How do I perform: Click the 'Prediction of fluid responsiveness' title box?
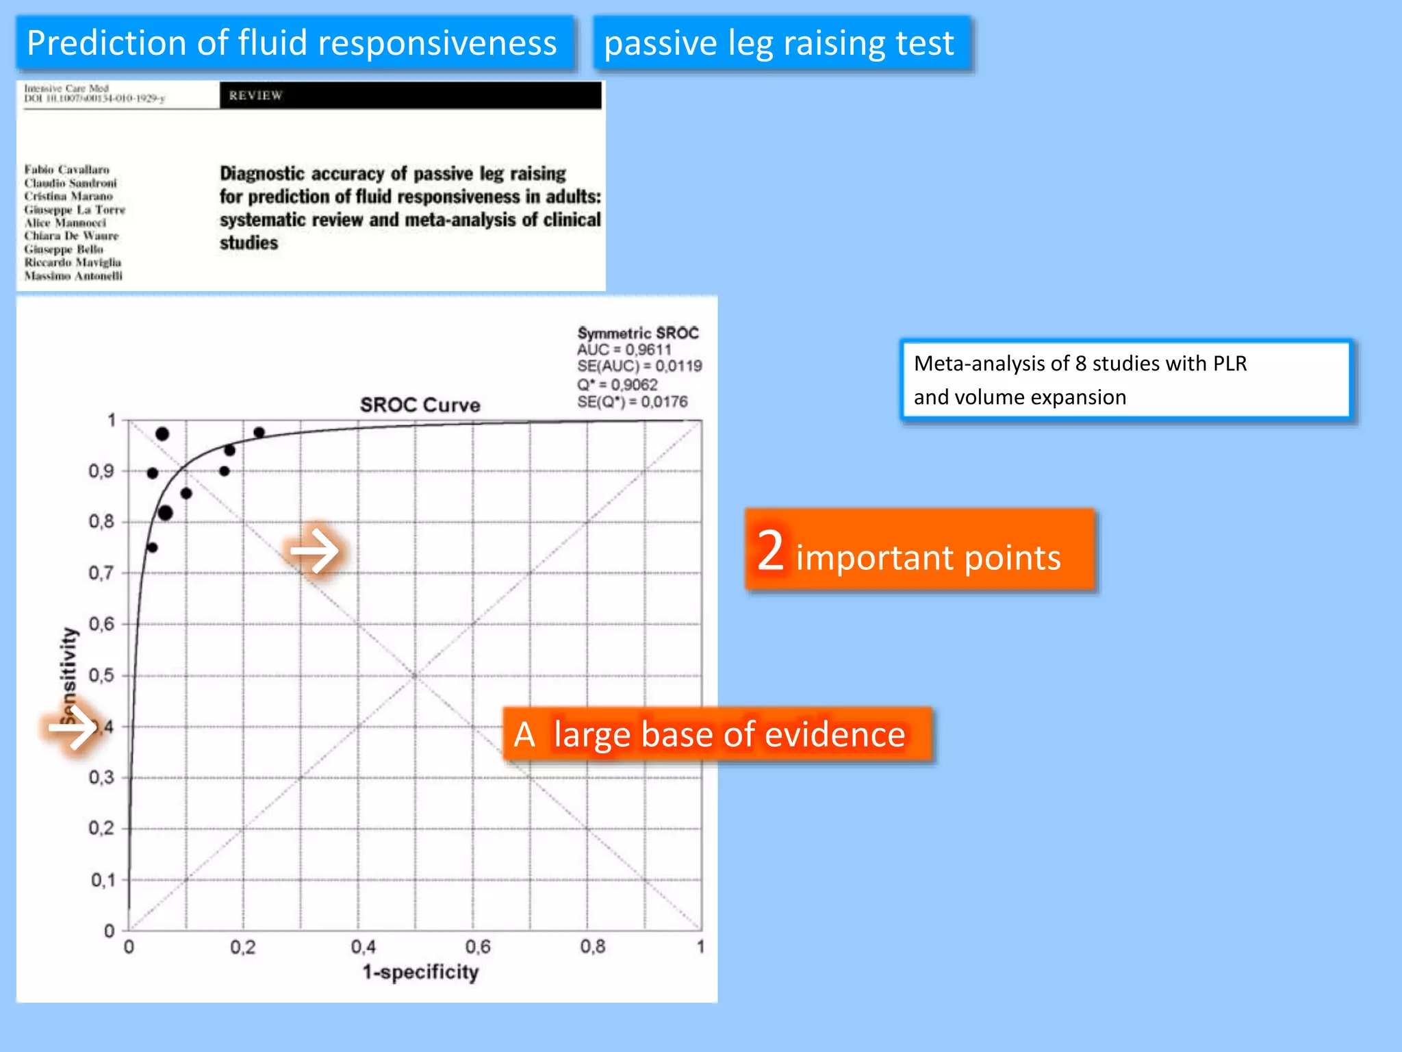294,43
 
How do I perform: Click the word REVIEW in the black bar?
255,96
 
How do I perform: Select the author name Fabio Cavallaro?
67,169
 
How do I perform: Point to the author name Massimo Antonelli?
73,275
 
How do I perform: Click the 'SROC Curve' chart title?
420,405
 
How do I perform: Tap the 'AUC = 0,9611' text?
624,349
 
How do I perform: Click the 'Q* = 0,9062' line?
617,384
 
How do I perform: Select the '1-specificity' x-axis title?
420,972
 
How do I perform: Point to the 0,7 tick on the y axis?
101,573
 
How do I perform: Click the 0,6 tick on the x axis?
477,947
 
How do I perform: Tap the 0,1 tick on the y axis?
103,879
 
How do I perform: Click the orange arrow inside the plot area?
314,550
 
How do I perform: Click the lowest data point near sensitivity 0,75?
152,547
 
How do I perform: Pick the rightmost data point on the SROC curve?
259,432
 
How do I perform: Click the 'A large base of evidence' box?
717,734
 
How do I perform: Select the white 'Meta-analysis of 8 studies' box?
1125,380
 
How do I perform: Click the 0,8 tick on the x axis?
592,947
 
